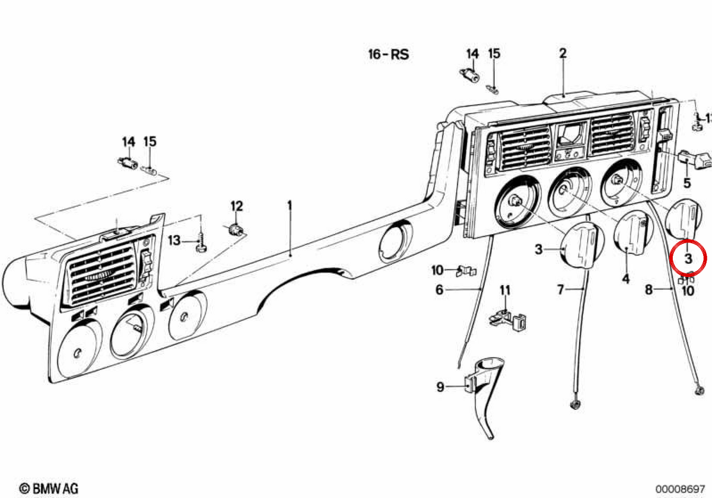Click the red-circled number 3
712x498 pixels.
click(688, 258)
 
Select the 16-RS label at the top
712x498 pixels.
click(389, 55)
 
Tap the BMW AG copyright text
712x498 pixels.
click(49, 488)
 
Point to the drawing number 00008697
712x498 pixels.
click(680, 489)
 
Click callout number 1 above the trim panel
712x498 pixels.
click(290, 206)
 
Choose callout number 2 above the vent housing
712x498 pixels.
click(563, 53)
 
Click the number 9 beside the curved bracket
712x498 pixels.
click(440, 387)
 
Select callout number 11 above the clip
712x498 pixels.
click(505, 290)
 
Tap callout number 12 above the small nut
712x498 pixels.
click(237, 206)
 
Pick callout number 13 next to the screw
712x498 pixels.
click(174, 241)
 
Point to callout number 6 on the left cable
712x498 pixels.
click(439, 290)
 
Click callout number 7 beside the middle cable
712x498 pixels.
click(561, 289)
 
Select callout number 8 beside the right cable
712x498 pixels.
click(649, 289)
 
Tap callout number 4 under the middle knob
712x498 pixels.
click(625, 279)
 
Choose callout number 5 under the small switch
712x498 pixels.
click(687, 183)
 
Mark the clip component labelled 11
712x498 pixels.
click(507, 320)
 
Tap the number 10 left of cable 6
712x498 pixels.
click(437, 270)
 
